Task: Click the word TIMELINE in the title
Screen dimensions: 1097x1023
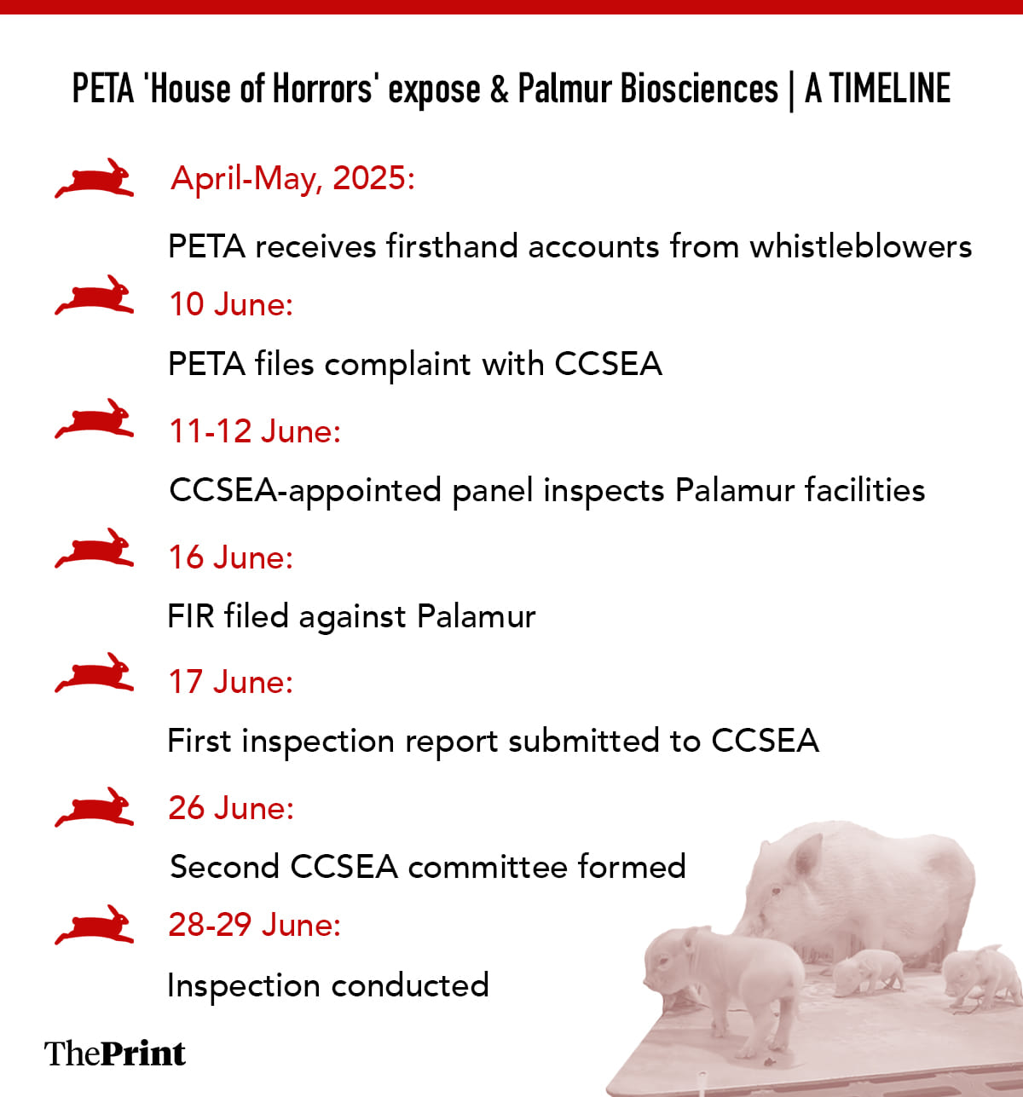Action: click(890, 89)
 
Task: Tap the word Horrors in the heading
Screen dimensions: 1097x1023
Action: click(323, 89)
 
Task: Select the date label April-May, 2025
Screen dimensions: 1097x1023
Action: click(292, 179)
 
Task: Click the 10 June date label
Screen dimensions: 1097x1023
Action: click(231, 304)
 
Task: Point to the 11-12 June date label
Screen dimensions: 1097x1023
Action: click(255, 431)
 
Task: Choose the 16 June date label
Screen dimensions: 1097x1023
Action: click(231, 557)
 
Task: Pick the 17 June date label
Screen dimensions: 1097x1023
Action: click(231, 682)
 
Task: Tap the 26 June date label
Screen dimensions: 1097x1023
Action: click(231, 808)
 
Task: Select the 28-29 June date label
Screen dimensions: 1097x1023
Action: click(255, 925)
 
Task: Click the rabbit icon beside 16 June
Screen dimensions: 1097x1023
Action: click(95, 548)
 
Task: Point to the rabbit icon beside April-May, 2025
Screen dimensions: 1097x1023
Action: click(95, 178)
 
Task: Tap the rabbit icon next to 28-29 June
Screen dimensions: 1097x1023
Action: click(95, 925)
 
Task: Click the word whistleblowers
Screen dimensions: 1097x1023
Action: click(861, 246)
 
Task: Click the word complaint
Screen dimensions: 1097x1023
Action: click(398, 365)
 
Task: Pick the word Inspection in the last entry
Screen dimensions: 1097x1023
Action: click(244, 986)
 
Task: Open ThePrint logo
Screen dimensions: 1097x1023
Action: click(115, 1054)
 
